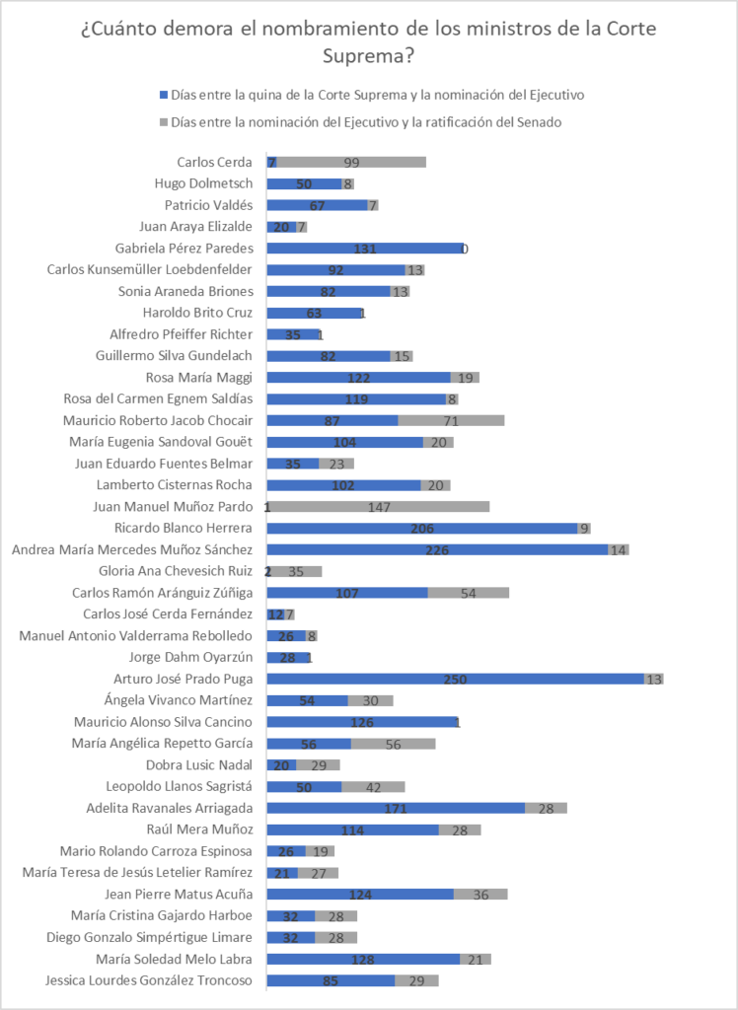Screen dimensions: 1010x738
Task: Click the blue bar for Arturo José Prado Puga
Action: click(455, 679)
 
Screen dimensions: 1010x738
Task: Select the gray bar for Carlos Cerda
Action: click(352, 162)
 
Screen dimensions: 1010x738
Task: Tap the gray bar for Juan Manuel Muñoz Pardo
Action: click(379, 506)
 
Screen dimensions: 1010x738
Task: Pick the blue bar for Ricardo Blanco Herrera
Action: click(421, 528)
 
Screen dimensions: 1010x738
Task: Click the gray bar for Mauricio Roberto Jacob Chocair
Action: click(451, 420)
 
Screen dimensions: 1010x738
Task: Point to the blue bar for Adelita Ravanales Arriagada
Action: click(396, 808)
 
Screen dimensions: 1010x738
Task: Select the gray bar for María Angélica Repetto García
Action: click(393, 743)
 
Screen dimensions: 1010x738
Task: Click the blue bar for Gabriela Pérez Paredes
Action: click(365, 249)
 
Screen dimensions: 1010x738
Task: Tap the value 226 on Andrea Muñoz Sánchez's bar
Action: click(437, 549)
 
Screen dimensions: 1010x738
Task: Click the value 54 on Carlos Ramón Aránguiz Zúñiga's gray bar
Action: click(469, 593)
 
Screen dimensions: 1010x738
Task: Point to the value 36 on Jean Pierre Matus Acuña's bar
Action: click(480, 894)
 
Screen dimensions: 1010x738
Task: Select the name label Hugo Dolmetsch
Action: click(203, 183)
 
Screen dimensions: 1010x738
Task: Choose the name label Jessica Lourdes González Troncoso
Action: click(149, 979)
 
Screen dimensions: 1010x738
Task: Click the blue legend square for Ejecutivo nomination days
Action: click(164, 96)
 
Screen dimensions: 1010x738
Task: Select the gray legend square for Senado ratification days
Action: click(164, 122)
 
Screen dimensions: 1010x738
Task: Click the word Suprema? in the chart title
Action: click(368, 56)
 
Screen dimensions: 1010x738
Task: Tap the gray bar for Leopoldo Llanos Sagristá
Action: click(373, 786)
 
